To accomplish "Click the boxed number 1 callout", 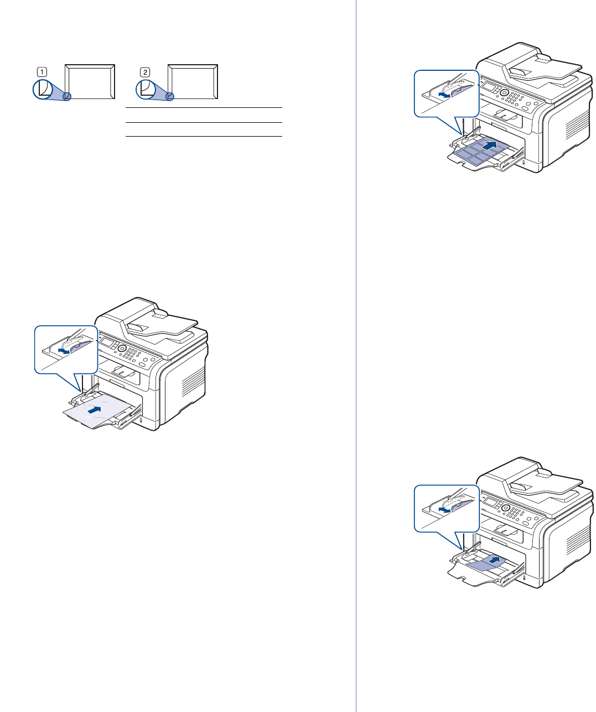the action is tap(42, 71).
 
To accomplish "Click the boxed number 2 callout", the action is tap(144, 71).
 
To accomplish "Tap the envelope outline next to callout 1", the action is tap(90, 81).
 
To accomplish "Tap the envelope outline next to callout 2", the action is tap(193, 81).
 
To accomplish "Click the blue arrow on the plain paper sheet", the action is tap(96, 410).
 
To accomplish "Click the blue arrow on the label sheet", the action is tap(488, 145).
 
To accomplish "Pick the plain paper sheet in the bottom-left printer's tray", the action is tap(94, 413).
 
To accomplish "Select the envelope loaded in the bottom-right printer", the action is tap(487, 564).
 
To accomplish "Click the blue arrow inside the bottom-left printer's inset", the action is tap(65, 351).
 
